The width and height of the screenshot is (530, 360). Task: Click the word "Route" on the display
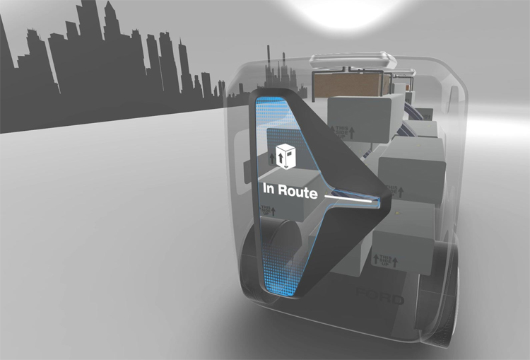(x=298, y=190)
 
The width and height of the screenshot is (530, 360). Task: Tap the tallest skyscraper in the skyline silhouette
(x=88, y=42)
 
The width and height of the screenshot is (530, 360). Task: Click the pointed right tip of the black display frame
(x=389, y=197)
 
